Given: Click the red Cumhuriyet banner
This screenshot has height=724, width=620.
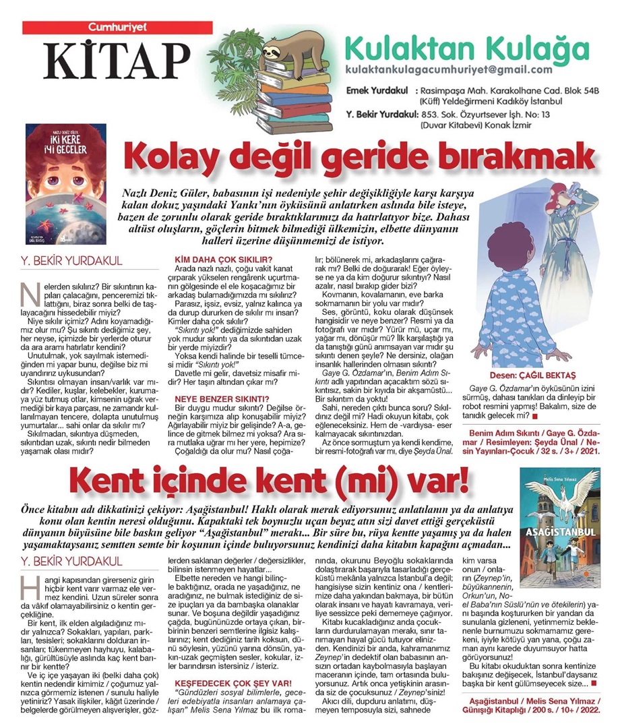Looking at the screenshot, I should click(x=108, y=27).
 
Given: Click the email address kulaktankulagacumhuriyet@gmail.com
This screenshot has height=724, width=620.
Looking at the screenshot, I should click(x=448, y=70).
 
